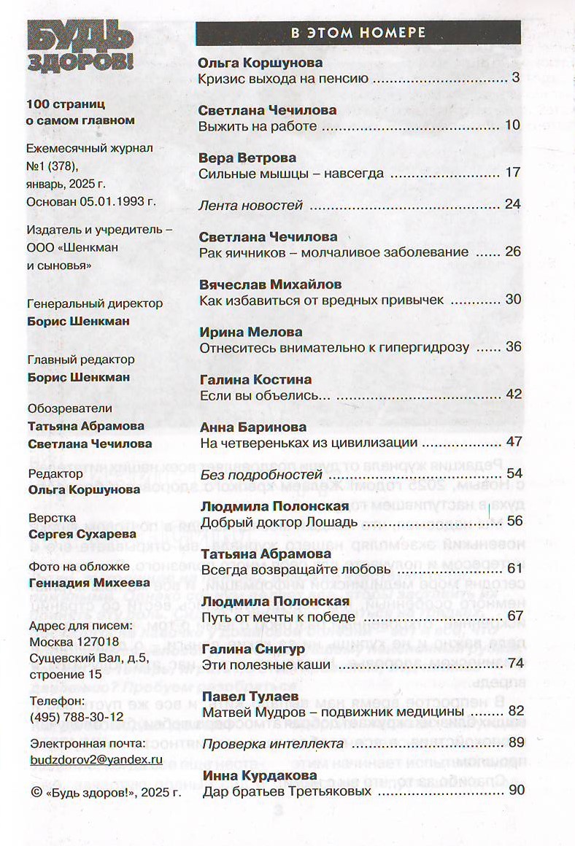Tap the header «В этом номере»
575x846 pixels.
click(358, 32)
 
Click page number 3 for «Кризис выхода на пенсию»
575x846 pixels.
click(515, 78)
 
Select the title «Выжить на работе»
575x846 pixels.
click(258, 125)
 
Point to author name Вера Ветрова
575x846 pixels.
click(247, 158)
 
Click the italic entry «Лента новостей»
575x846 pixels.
click(250, 205)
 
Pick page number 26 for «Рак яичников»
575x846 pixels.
click(513, 252)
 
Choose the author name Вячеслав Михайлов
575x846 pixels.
click(270, 284)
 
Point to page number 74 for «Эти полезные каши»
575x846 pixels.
click(516, 663)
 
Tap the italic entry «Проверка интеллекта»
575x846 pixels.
click(271, 743)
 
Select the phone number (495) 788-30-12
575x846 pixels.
click(75, 717)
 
